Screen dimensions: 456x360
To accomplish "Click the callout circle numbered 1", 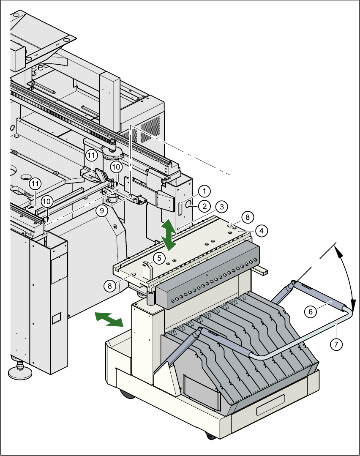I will tap(204, 191).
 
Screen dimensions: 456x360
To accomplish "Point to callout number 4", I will tap(262, 231).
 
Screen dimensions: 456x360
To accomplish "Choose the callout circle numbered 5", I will tap(159, 257).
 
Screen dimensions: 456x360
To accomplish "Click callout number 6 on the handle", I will tap(310, 311).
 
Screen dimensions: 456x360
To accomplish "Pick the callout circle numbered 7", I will tap(336, 344).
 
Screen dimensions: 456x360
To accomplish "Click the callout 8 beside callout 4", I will tap(248, 217).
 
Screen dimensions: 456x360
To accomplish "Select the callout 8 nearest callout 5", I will tap(110, 286).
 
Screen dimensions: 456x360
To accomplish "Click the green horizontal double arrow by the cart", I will tap(108, 319).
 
